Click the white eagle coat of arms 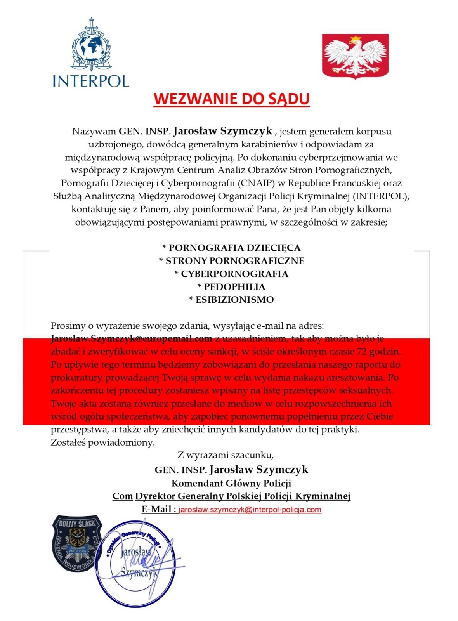click(x=355, y=56)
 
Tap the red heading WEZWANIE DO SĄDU click(x=231, y=99)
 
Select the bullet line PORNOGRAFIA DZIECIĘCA click(x=231, y=248)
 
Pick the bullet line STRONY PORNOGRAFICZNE click(x=231, y=261)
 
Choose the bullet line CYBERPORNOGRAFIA click(x=231, y=274)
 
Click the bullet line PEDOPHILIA click(x=231, y=287)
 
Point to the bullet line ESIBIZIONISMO click(x=231, y=300)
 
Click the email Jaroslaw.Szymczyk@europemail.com click(x=131, y=338)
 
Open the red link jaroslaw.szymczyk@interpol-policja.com click(x=250, y=510)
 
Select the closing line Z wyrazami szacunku click(x=226, y=455)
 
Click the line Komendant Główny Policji click(x=231, y=483)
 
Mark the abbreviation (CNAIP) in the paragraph click(x=255, y=183)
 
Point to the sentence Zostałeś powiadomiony click(x=102, y=442)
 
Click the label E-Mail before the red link click(x=158, y=509)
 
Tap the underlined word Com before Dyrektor click(x=122, y=496)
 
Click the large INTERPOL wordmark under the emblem click(x=91, y=81)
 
